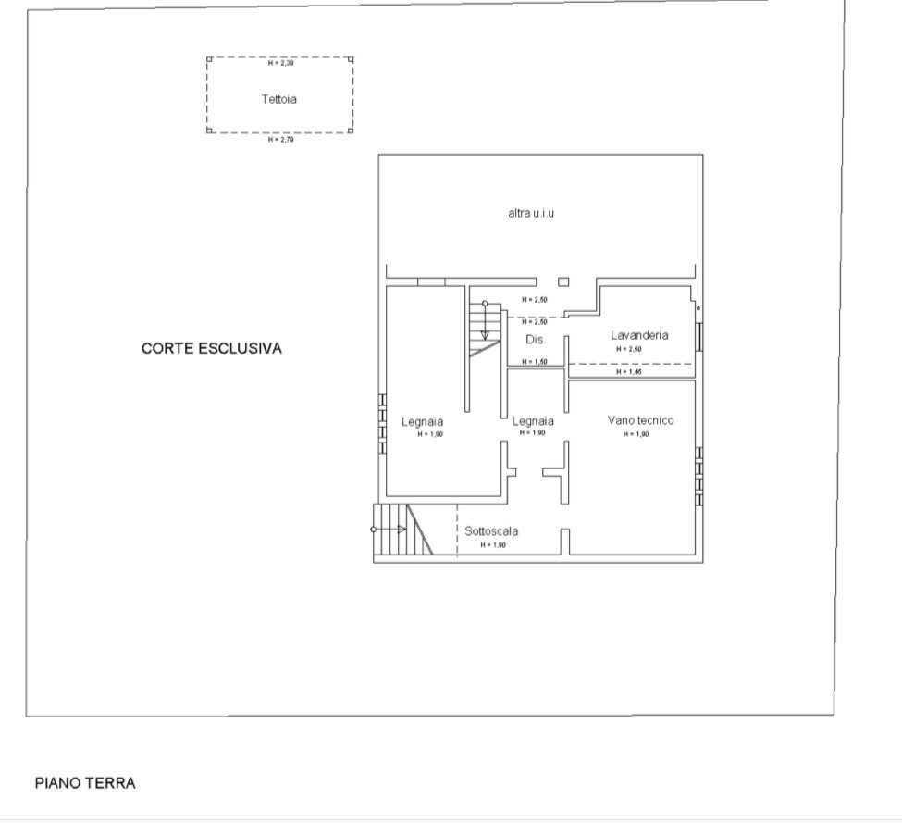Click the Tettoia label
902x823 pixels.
pos(279,98)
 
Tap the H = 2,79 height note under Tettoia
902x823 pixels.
pos(279,140)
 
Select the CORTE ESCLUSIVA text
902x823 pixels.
pos(211,349)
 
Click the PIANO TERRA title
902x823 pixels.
pos(85,783)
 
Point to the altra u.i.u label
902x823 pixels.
pos(531,213)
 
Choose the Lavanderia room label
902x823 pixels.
pos(638,335)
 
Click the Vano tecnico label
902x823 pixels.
pos(640,420)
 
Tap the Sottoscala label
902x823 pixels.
pos(490,531)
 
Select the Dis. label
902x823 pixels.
pos(536,340)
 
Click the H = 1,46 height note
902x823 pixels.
pos(629,372)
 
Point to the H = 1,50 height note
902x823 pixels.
pos(535,362)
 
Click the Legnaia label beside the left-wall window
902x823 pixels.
pos(422,422)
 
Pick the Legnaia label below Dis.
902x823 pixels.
pos(533,421)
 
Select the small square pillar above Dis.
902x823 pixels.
pos(563,282)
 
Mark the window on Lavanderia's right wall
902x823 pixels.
pos(699,335)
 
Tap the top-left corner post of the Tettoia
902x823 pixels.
pos(209,59)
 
